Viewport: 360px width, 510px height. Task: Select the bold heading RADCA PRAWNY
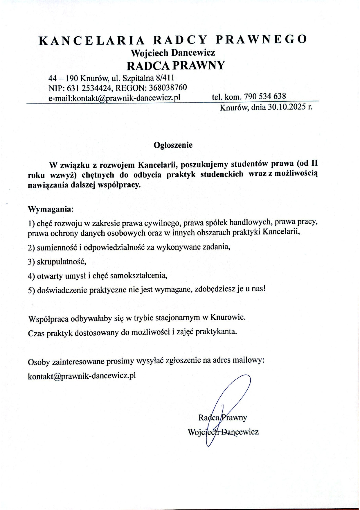[176, 65]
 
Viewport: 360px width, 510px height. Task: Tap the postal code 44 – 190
[63, 78]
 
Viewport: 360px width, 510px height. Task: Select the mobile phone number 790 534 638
[265, 96]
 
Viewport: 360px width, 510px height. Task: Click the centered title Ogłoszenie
[173, 145]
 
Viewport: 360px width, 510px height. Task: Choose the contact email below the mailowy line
[82, 375]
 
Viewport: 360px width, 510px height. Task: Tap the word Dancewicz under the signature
[240, 432]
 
